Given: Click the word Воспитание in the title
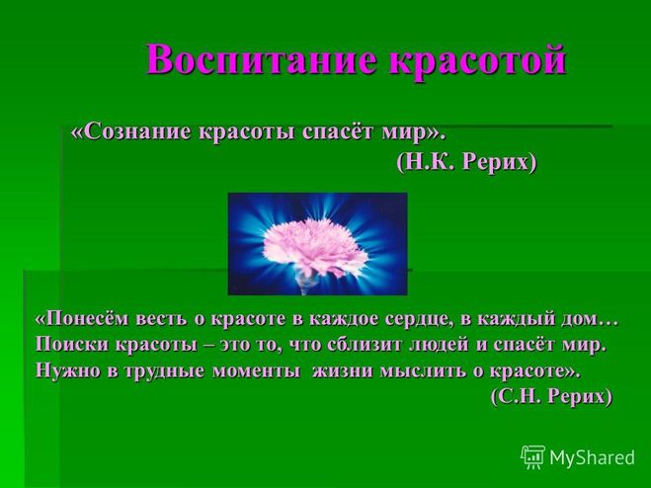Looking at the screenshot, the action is click(261, 60).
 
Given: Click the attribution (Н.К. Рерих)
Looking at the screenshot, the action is click(466, 161).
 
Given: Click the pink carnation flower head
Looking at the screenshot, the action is click(315, 246).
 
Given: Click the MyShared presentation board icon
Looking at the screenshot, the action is click(533, 457).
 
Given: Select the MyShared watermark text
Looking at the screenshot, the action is click(592, 457).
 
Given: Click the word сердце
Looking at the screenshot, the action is click(422, 319).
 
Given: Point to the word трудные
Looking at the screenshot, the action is click(163, 370).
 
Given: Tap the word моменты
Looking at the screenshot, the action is click(256, 370).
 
